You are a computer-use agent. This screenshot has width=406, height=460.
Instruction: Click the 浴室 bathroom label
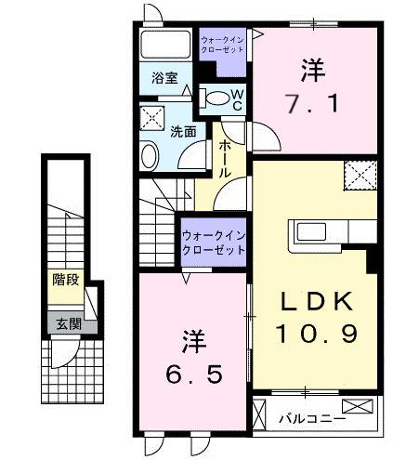pos(153,81)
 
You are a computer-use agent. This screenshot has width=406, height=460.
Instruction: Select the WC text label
pos(238,99)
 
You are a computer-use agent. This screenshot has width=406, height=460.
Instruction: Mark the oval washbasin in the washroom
pos(150,154)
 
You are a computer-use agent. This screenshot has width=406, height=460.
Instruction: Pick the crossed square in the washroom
pos(150,118)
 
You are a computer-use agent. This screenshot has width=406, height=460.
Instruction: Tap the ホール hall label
pos(225,159)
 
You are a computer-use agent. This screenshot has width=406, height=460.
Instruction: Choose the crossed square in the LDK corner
pos(359,175)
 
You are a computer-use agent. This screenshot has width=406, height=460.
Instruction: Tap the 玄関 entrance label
pos(65,323)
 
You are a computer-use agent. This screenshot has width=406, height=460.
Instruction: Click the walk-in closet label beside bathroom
pos(223,46)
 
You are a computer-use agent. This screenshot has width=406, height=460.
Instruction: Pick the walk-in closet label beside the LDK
pos(214,243)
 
